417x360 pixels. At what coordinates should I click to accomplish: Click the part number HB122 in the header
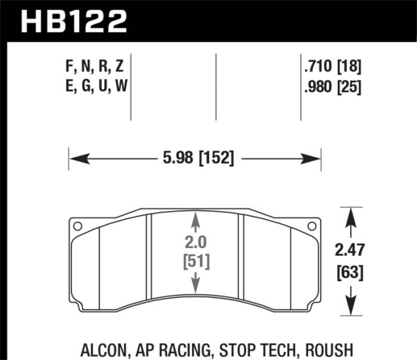pos(74,21)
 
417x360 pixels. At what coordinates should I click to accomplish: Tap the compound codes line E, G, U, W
pos(94,87)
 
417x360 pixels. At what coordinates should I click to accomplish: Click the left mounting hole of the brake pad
pos(76,226)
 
